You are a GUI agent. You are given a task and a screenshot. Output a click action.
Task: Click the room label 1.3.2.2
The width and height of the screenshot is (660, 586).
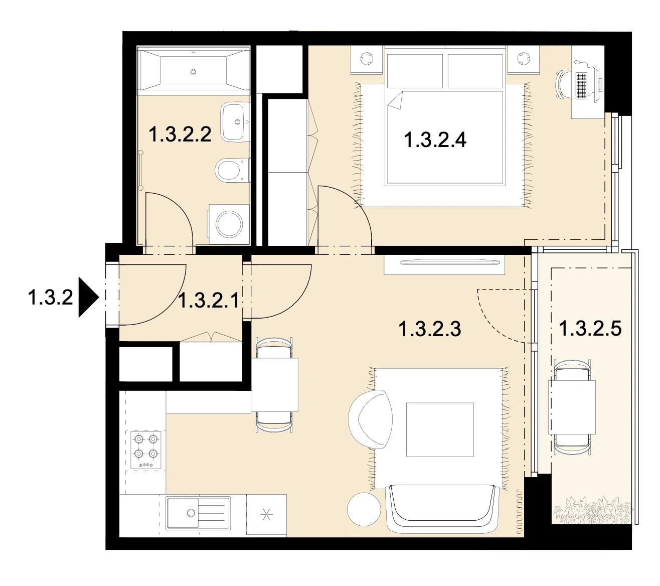tap(180, 134)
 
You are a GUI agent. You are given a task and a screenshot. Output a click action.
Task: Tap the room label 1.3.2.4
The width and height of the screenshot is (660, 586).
tap(435, 139)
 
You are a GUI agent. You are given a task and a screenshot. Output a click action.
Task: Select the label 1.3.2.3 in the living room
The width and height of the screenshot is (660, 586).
tap(429, 329)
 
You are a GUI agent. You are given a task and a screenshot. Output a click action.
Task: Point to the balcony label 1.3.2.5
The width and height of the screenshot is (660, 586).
tap(590, 328)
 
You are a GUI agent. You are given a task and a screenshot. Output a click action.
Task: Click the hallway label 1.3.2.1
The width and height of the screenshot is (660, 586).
tap(209, 300)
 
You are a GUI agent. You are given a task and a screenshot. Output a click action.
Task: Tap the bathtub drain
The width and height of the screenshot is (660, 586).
tap(194, 72)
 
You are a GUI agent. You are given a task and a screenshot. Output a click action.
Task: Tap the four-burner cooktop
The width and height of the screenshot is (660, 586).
tap(146, 450)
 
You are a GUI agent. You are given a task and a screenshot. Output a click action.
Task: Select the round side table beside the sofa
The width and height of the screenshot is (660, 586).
tap(364, 509)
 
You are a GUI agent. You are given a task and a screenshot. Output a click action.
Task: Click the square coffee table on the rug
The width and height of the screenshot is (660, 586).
tap(439, 429)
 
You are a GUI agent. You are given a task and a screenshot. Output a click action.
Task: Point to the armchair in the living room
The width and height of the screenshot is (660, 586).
tap(371, 419)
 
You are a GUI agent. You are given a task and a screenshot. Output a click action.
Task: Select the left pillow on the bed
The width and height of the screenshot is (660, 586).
tap(415, 71)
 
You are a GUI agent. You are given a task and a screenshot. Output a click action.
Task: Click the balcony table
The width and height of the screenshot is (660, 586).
tap(572, 407)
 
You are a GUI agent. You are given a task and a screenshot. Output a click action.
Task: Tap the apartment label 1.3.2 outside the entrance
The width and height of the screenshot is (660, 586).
tap(51, 297)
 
